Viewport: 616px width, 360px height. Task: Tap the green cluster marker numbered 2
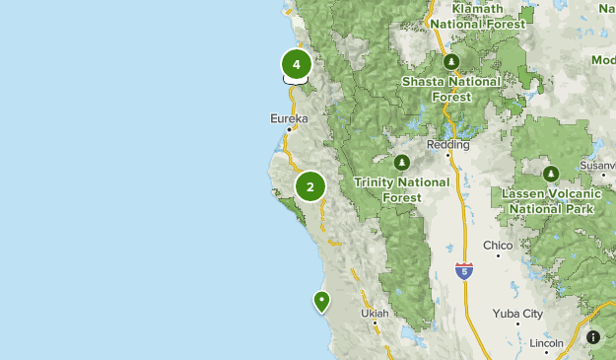(310, 185)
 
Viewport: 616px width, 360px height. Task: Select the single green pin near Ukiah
(320, 300)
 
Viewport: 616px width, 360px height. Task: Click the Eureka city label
(289, 118)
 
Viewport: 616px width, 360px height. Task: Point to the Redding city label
(448, 145)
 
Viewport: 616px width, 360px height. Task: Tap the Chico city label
(498, 245)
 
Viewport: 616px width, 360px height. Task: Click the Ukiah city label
(375, 314)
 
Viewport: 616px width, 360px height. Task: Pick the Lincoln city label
(546, 343)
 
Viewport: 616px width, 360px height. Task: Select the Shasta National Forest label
(451, 89)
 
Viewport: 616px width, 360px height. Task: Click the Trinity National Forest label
(401, 189)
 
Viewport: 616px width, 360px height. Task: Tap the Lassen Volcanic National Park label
(549, 202)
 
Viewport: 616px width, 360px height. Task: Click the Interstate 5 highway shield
(463, 270)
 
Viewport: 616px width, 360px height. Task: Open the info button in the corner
(593, 337)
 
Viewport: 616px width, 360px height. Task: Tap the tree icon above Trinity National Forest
(401, 162)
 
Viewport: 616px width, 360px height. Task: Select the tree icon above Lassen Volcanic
(550, 175)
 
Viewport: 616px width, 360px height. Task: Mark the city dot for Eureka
(289, 129)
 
